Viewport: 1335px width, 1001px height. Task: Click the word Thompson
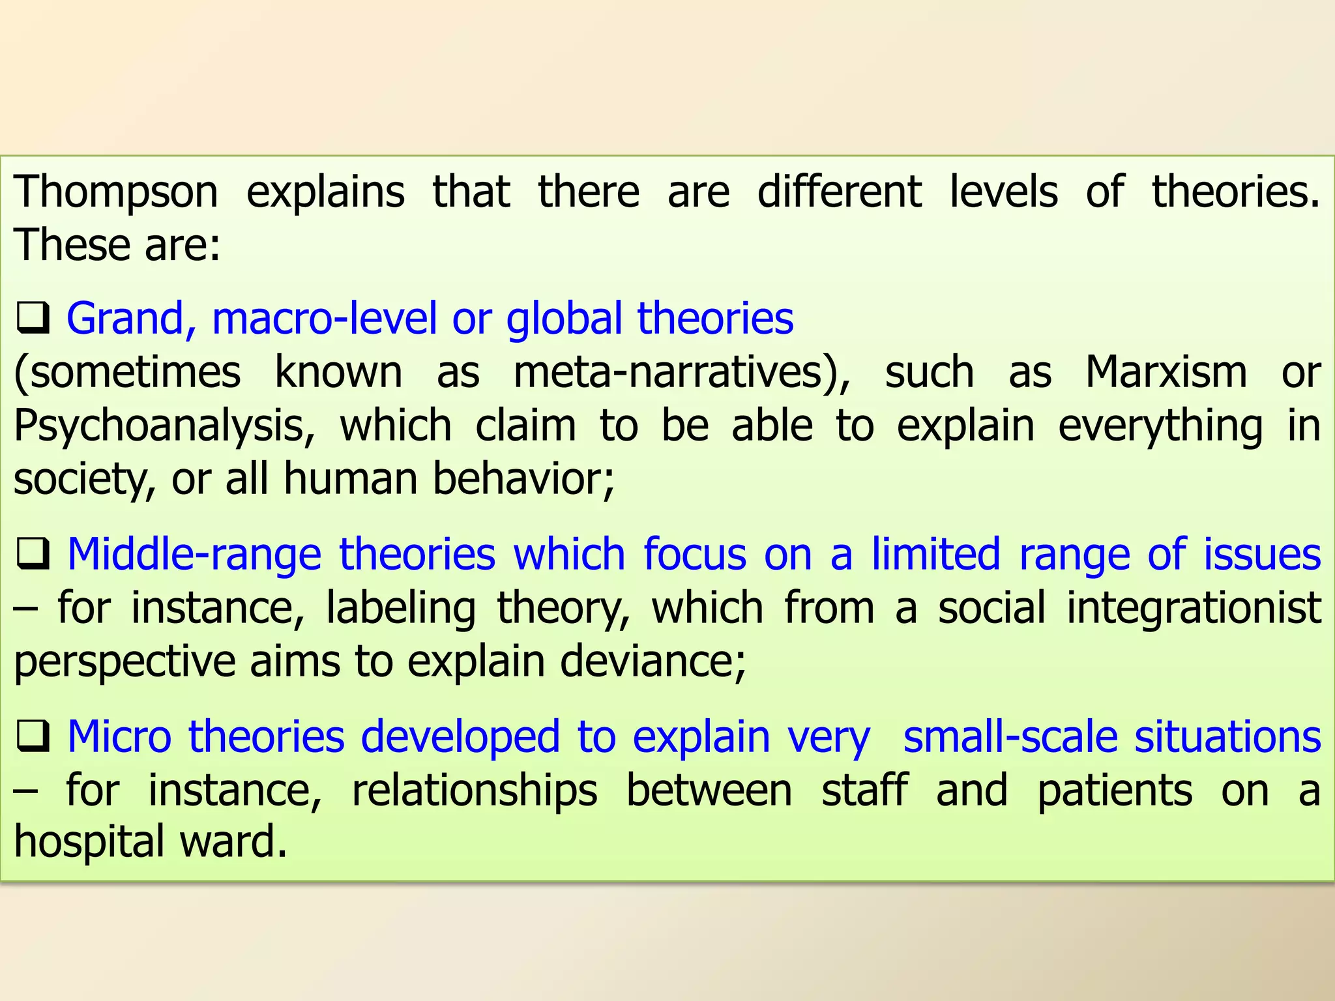coord(116,193)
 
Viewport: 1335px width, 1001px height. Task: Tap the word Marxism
coord(1166,372)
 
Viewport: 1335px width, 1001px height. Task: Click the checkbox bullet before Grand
coord(33,319)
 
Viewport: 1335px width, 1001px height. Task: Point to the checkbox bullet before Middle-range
coord(33,555)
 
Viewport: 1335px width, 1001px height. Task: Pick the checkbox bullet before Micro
coord(33,737)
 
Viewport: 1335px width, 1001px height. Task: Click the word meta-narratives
coord(682,372)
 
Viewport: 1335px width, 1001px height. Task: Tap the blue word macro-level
coord(324,319)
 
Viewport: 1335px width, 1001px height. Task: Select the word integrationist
coord(1194,608)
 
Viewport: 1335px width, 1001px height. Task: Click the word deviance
coord(653,661)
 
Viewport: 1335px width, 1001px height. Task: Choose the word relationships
coord(475,791)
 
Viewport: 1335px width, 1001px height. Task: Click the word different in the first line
coord(840,193)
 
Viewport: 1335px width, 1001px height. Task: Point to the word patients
coord(1115,791)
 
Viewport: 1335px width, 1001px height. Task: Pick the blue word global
coord(565,319)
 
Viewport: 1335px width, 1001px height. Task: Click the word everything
coord(1160,426)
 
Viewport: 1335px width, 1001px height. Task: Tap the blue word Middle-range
coord(194,555)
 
